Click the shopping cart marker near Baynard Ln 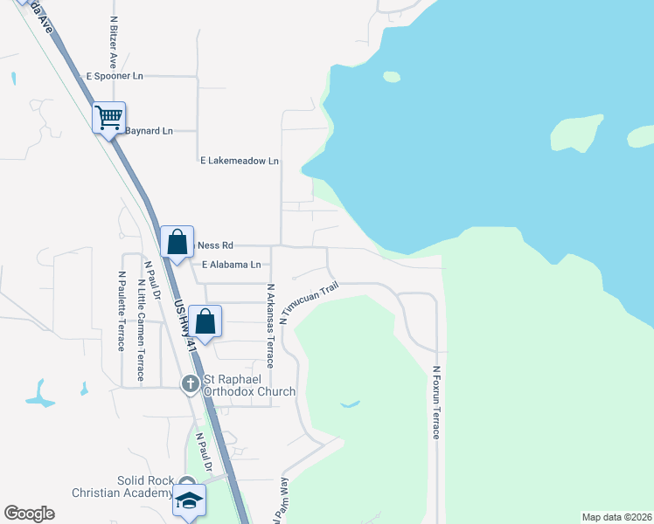pyautogui.click(x=109, y=118)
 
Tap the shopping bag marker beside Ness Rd pyautogui.click(x=177, y=242)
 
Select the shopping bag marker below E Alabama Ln pyautogui.click(x=205, y=322)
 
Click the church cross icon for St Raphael pyautogui.click(x=190, y=384)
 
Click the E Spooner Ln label pyautogui.click(x=114, y=76)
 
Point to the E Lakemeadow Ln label pyautogui.click(x=239, y=161)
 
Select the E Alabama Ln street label pyautogui.click(x=231, y=265)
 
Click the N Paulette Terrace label pyautogui.click(x=121, y=310)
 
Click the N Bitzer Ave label pyautogui.click(x=113, y=41)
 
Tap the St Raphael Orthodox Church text pyautogui.click(x=248, y=385)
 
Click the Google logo pyautogui.click(x=29, y=514)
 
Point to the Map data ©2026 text pyautogui.click(x=617, y=517)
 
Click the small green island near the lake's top pyautogui.click(x=392, y=77)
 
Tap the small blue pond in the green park pyautogui.click(x=349, y=403)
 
